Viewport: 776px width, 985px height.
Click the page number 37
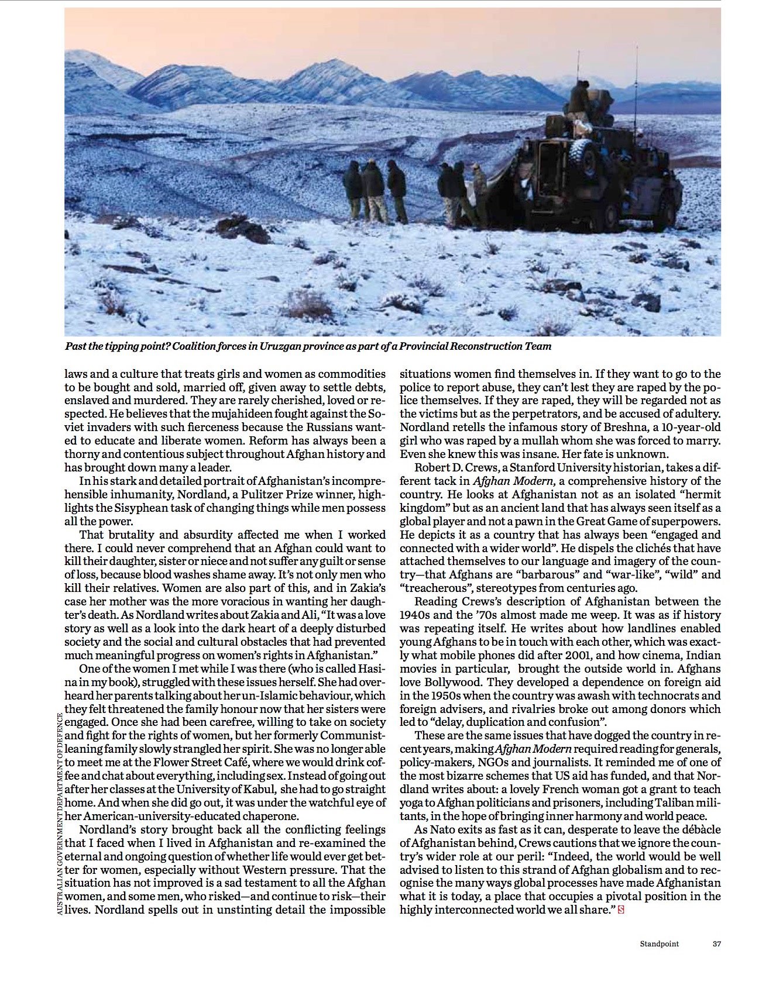click(x=716, y=943)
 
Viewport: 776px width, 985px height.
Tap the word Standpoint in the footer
click(x=660, y=943)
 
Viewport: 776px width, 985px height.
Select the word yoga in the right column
click(x=412, y=803)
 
